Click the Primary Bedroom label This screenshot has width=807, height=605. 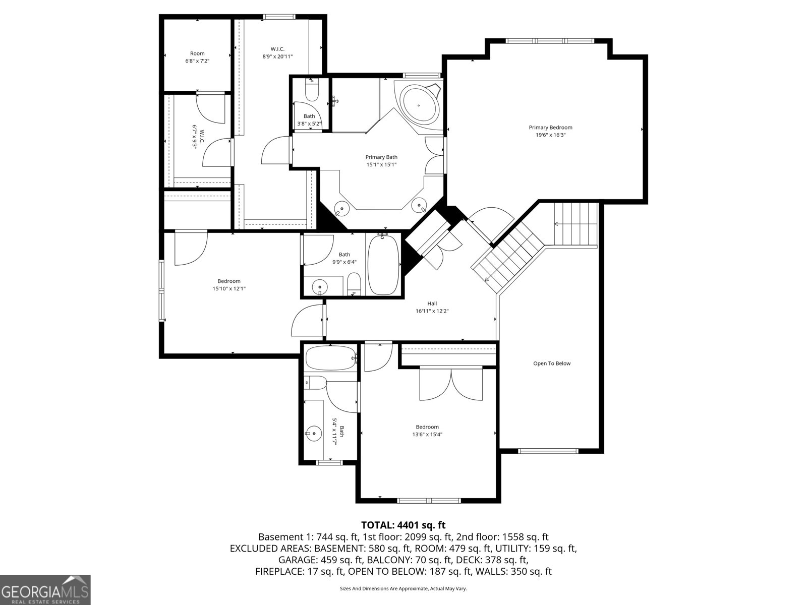(550, 128)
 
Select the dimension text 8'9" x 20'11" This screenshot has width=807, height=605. (277, 56)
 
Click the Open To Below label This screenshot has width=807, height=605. (552, 364)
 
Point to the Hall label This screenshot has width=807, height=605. (432, 304)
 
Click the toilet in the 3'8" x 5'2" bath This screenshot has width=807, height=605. (312, 90)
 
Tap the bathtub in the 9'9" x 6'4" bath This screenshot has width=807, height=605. (383, 265)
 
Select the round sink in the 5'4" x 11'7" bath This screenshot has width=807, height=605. (314, 434)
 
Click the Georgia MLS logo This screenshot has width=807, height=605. (45, 589)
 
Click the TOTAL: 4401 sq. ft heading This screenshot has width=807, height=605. (403, 525)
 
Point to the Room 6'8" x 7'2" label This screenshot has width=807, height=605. (197, 57)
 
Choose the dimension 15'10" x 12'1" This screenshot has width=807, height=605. (229, 289)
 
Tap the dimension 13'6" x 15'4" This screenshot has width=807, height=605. (427, 434)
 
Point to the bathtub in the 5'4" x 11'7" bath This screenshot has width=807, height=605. (331, 358)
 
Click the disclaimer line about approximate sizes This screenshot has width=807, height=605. (403, 588)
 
